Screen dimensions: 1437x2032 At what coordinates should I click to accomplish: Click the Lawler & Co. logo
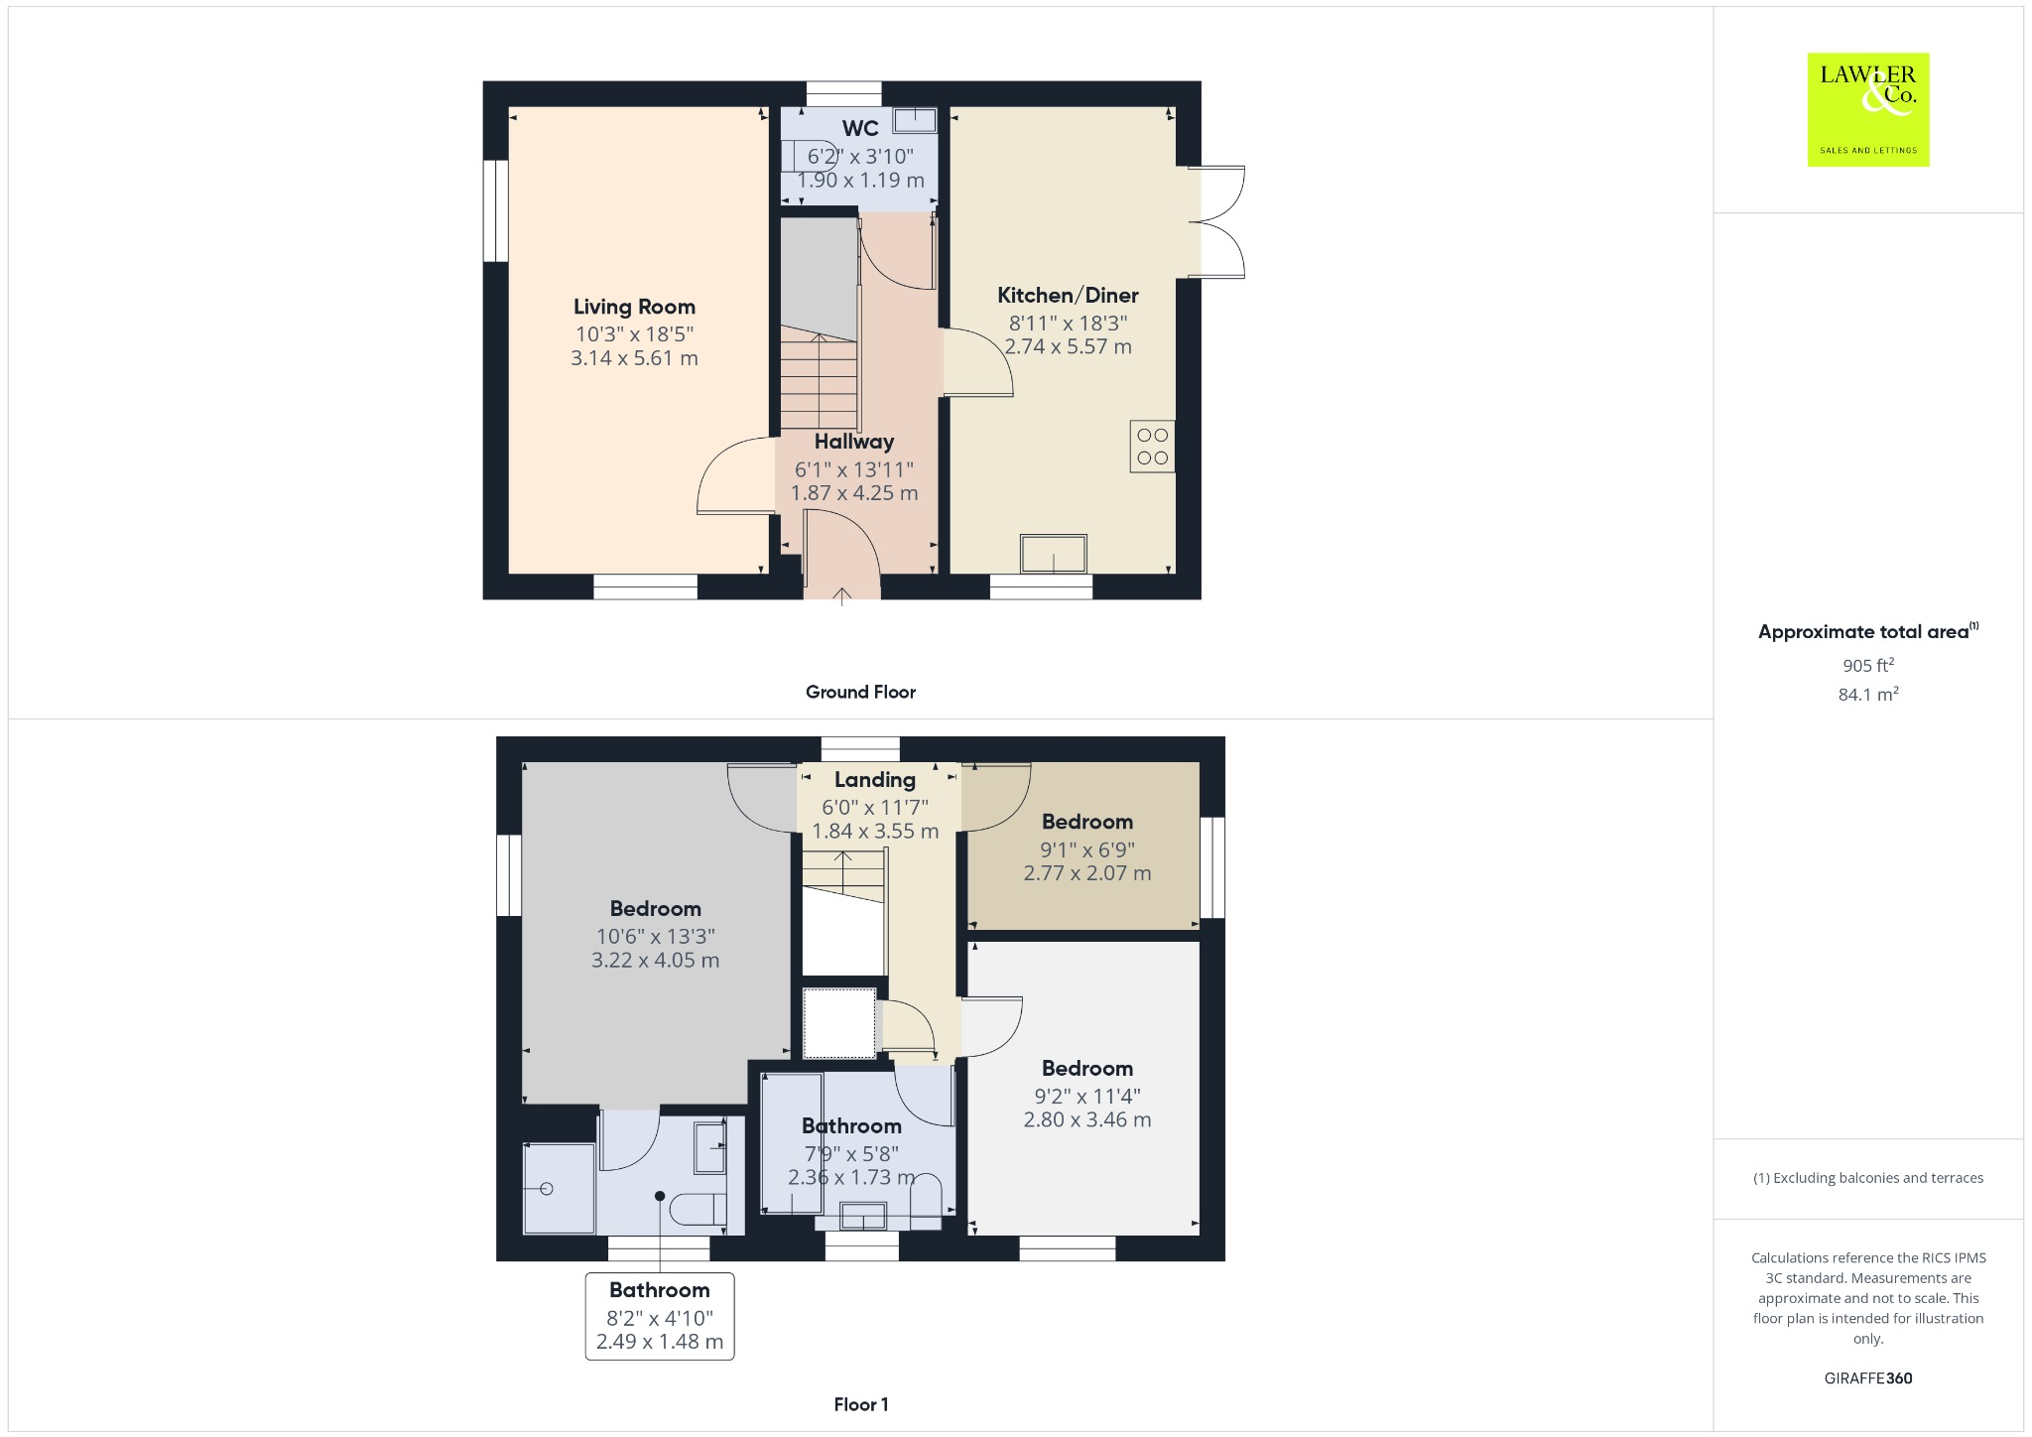[1867, 109]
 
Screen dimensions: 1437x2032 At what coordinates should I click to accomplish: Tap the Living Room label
[634, 307]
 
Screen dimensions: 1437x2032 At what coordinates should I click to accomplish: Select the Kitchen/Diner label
[1068, 295]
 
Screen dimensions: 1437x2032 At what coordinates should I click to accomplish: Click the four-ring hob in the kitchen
[1152, 447]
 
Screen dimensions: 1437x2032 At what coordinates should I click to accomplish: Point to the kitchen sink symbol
[1054, 554]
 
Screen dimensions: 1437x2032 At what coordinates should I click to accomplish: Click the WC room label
[860, 128]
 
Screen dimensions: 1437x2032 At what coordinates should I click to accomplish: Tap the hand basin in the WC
[915, 121]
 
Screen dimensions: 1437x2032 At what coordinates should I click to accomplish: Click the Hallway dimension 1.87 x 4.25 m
[854, 493]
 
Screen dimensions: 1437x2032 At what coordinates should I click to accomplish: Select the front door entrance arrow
[841, 595]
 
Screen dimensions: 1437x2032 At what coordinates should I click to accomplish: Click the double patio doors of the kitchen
[1218, 221]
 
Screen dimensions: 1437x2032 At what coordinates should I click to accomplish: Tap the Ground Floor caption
[860, 692]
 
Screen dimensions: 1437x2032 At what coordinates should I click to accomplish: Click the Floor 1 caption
[860, 1404]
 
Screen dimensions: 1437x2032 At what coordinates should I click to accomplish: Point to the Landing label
[874, 780]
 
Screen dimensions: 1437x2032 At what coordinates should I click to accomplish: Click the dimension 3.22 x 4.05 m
[655, 961]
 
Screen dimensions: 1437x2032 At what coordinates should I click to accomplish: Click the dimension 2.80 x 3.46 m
[1086, 1120]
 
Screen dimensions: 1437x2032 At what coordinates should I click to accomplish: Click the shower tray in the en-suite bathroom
[559, 1189]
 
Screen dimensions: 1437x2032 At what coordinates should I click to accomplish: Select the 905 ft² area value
[1867, 666]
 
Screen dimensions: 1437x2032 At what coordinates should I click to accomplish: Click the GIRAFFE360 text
[1867, 1378]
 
